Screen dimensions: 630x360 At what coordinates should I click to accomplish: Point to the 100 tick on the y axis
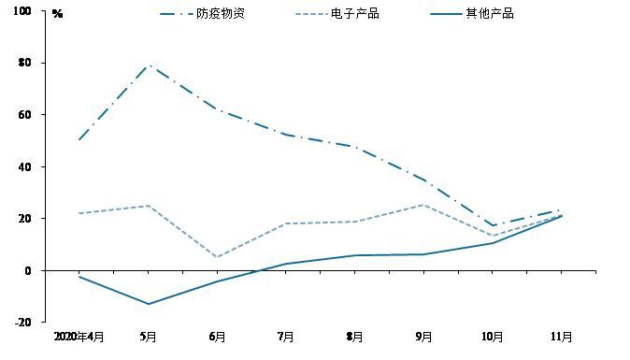pyautogui.click(x=22, y=11)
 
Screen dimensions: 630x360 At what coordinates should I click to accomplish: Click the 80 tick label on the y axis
pyautogui.click(x=24, y=63)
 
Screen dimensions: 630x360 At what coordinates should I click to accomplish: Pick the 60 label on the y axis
pyautogui.click(x=24, y=114)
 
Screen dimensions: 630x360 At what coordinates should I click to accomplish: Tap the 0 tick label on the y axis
pyautogui.click(x=28, y=271)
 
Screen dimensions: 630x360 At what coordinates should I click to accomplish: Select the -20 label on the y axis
pyautogui.click(x=23, y=323)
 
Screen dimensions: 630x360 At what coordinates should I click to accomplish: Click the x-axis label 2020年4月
pyautogui.click(x=79, y=337)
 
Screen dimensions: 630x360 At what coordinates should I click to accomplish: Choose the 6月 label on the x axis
pyautogui.click(x=217, y=337)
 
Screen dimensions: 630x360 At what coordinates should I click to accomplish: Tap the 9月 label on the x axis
pyautogui.click(x=423, y=337)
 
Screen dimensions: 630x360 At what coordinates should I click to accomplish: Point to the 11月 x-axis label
pyautogui.click(x=561, y=337)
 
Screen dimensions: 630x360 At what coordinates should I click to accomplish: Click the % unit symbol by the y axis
pyautogui.click(x=57, y=14)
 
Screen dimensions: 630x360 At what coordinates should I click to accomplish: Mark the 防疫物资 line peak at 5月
pyautogui.click(x=149, y=65)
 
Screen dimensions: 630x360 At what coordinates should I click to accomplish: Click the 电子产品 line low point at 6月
pyautogui.click(x=217, y=257)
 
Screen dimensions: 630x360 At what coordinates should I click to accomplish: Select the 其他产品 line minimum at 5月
pyautogui.click(x=149, y=304)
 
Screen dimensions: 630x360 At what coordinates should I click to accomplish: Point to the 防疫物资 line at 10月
pyautogui.click(x=493, y=225)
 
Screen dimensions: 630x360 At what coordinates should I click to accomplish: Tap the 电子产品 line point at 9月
pyautogui.click(x=423, y=205)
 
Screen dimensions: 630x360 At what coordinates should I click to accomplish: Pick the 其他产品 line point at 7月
pyautogui.click(x=286, y=264)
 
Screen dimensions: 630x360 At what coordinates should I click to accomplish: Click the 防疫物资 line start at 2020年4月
pyautogui.click(x=79, y=140)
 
